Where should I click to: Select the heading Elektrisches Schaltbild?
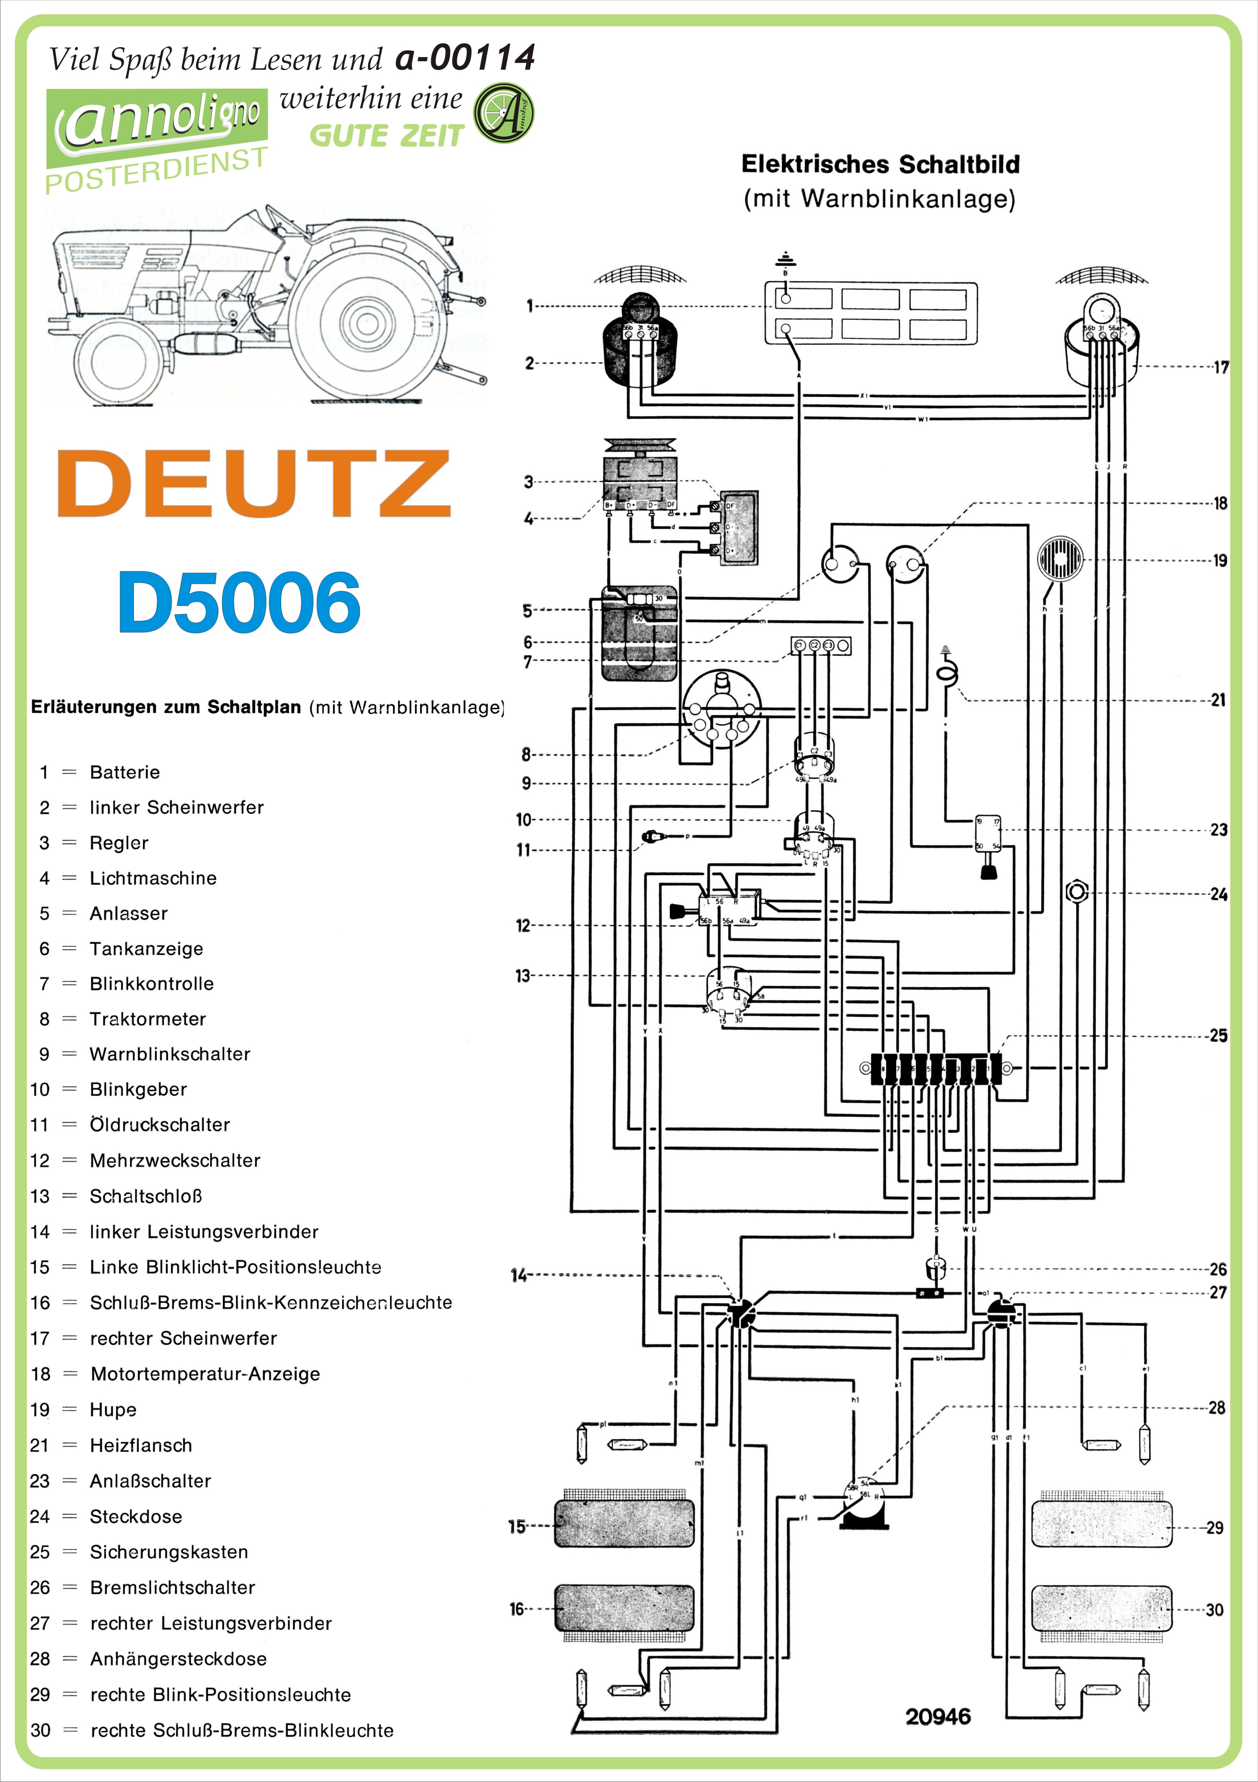tap(880, 164)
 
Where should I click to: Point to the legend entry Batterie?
tap(124, 772)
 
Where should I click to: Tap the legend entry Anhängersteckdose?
tap(178, 1659)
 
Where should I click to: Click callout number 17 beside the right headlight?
tap(1221, 367)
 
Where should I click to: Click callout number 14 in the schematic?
tap(519, 1275)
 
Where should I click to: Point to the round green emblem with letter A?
tap(504, 113)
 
